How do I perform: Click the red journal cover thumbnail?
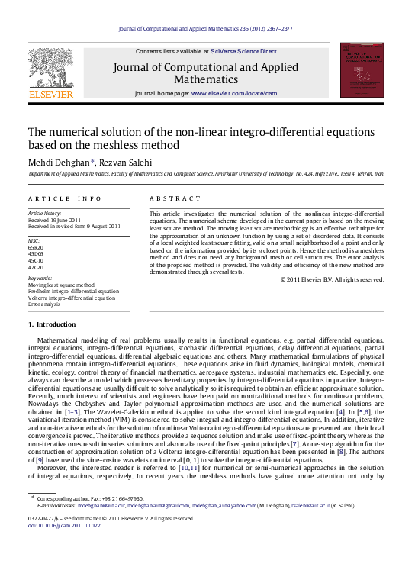click(x=362, y=70)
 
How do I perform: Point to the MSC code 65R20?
click(x=35, y=249)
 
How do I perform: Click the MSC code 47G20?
click(x=35, y=267)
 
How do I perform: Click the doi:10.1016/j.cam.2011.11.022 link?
click(x=63, y=546)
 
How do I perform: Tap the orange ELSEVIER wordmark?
click(x=50, y=95)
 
